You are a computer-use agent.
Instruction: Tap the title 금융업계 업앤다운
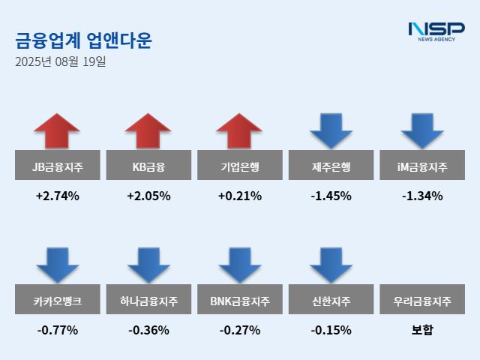coord(83,40)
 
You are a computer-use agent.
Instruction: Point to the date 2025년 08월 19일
coord(61,61)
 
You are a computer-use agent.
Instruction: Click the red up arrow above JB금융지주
coord(57,130)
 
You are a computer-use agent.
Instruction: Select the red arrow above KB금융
coord(148,130)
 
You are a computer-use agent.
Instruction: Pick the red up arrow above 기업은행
coord(240,130)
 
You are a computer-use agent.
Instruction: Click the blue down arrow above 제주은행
coord(331,130)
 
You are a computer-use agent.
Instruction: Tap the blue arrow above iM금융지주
coord(422,130)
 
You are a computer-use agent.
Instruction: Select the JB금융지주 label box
coord(58,167)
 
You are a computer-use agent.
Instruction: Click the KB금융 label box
coord(148,167)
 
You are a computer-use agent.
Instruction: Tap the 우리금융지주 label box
coord(422,301)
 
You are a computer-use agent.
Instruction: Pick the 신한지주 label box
coord(331,301)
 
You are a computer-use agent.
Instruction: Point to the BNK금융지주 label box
coord(240,301)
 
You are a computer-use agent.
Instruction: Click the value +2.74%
coord(58,196)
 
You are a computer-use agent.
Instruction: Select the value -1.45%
coord(331,196)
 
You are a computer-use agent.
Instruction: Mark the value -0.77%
coord(58,329)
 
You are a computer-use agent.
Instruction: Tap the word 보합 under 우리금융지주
coord(422,329)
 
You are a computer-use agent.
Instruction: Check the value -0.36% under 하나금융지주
coord(148,329)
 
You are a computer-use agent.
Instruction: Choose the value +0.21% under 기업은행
coord(240,196)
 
